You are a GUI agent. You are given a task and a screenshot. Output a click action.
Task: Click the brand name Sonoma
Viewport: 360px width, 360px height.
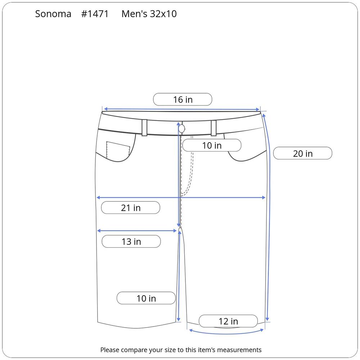coord(53,14)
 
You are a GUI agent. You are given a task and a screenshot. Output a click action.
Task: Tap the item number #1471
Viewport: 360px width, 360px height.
coord(95,14)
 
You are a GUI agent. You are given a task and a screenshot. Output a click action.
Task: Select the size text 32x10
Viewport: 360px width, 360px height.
coord(163,14)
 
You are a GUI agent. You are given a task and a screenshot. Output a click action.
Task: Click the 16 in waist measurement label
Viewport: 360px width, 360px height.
coord(183,99)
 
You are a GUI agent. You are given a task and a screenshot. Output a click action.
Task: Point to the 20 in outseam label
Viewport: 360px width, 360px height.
coord(303,153)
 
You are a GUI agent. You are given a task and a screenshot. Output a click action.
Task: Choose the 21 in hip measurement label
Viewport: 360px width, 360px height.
coord(131,208)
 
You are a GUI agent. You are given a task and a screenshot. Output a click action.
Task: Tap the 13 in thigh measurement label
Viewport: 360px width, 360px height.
coord(131,241)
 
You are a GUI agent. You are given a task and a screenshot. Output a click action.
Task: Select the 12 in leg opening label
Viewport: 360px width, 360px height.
coord(228,321)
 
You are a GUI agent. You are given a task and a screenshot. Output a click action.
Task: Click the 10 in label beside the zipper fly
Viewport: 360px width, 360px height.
coord(212,145)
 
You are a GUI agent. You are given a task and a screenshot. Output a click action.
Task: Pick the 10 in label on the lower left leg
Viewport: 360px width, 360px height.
coord(146,298)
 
